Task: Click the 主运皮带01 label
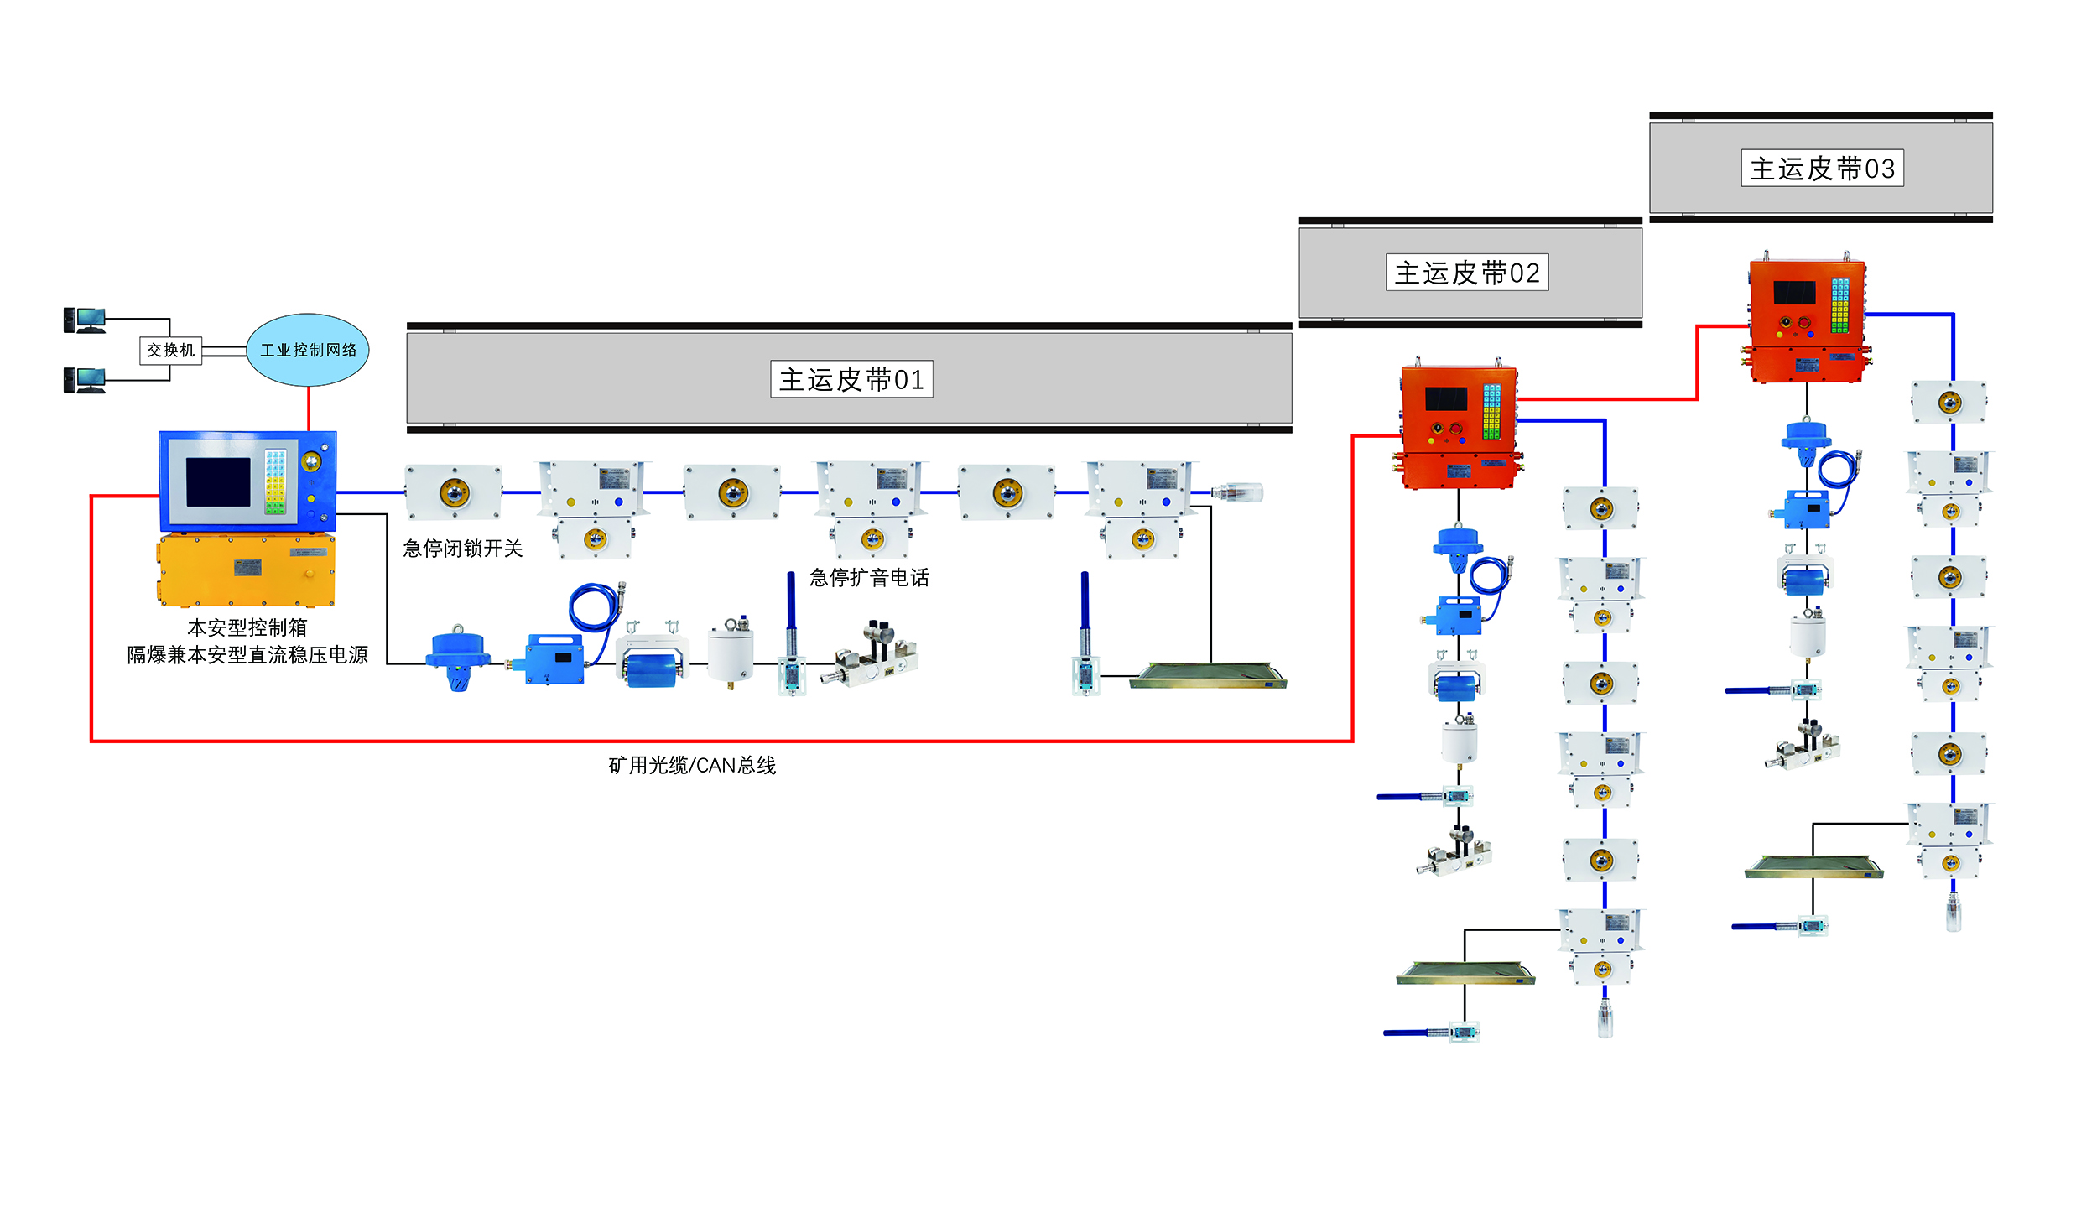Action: coord(851,379)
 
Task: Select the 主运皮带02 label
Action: coord(1467,273)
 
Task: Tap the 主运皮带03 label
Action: coord(1822,168)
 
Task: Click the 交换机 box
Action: coord(170,350)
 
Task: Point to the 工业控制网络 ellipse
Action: coord(308,350)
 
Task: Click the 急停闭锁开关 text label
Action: coord(462,549)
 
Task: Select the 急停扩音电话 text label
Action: coord(869,578)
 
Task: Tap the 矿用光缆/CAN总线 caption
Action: coord(692,765)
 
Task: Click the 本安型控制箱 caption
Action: coord(247,627)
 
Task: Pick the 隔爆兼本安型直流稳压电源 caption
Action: coord(247,654)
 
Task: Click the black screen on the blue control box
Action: coord(218,482)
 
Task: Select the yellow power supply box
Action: coord(246,570)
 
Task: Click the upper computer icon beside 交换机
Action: coord(85,320)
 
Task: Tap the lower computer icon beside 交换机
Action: coord(85,380)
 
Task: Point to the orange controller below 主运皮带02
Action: coord(1459,427)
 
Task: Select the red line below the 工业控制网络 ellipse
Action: coord(309,408)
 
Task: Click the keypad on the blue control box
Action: coord(276,481)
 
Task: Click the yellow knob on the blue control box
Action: coord(311,461)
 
